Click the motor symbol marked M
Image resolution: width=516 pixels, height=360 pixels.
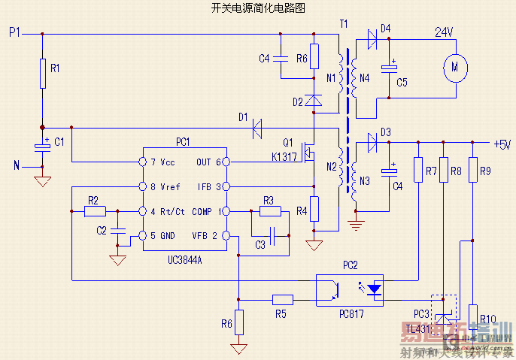(455, 67)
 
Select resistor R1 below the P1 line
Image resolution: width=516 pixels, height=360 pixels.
(42, 73)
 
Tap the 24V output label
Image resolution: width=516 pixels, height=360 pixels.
(444, 32)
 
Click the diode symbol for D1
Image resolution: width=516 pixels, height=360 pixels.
(257, 127)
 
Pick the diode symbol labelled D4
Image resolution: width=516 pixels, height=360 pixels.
(371, 40)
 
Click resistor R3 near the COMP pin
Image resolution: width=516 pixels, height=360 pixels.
(269, 211)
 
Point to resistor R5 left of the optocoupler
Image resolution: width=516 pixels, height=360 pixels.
(282, 298)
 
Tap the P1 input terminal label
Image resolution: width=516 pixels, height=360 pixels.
(14, 33)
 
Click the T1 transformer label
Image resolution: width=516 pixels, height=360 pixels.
(344, 24)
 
